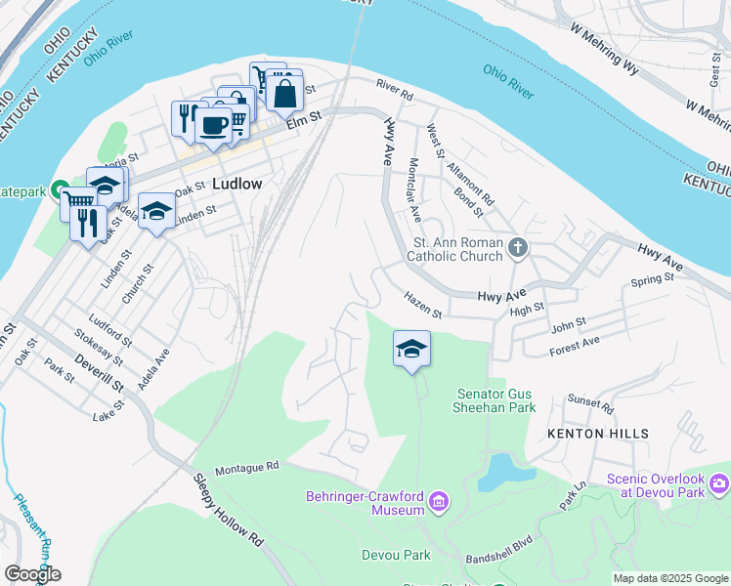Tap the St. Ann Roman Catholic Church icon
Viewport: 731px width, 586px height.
tap(518, 249)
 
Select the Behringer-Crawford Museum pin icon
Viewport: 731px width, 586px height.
tap(439, 503)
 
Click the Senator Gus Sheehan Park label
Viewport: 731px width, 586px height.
tap(496, 400)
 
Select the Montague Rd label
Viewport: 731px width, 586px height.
tap(247, 468)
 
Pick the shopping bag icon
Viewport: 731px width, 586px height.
tap(284, 94)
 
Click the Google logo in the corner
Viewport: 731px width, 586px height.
tap(32, 574)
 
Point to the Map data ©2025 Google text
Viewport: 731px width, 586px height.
tap(670, 578)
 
